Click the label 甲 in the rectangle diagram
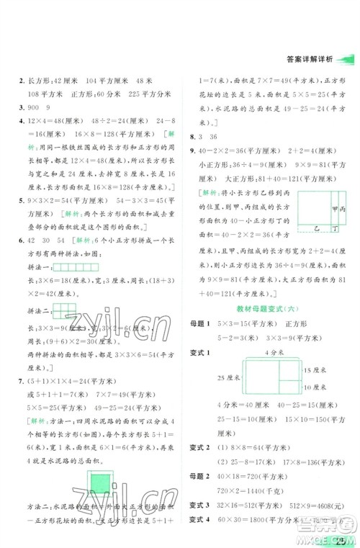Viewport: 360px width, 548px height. click(x=333, y=209)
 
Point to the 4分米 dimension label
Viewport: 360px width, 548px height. click(x=271, y=351)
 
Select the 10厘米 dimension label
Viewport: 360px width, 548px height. click(x=318, y=388)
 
